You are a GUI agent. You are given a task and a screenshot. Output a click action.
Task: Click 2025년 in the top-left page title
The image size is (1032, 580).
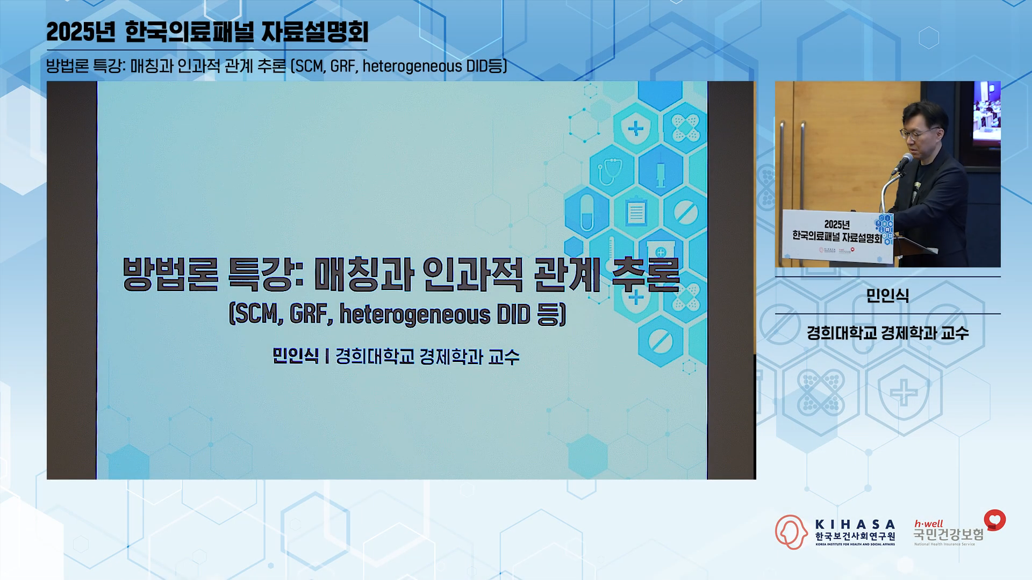coord(81,32)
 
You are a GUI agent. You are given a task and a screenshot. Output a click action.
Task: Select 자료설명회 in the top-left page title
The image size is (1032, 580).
coord(315,32)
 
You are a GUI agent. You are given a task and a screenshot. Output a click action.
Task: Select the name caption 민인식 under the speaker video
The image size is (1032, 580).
coord(887,295)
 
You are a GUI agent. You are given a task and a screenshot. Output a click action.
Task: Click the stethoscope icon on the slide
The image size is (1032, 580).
coord(611,171)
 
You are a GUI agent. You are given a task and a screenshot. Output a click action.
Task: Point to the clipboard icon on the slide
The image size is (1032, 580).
coord(636,212)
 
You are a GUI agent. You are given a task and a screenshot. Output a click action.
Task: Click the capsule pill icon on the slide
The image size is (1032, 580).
coord(587,213)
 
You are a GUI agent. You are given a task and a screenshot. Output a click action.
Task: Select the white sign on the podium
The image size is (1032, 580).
coord(836,235)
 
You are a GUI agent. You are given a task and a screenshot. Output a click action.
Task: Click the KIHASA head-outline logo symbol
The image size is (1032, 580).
coord(791,532)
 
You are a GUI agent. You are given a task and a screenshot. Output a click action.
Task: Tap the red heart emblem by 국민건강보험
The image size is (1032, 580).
coord(995,520)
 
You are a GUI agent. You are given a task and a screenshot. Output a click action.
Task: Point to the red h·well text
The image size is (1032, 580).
coord(929,524)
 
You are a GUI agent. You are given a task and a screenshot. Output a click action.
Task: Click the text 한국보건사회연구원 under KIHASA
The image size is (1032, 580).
coord(855,536)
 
